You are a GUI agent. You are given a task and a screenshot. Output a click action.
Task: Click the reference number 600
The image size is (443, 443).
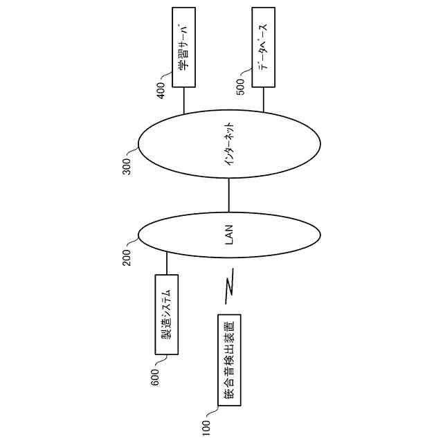154,376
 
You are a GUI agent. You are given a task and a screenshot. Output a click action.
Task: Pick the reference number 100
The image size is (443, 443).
206,424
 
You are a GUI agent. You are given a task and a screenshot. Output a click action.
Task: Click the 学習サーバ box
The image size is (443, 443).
183,48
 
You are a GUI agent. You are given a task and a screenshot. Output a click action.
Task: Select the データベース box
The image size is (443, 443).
262,48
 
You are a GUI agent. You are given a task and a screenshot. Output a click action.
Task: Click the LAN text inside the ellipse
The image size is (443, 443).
230,235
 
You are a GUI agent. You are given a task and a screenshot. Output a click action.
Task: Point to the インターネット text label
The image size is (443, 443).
230,145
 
